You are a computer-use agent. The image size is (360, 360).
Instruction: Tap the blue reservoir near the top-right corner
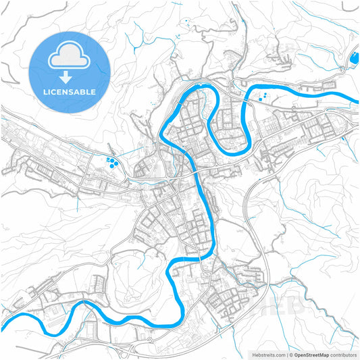[352, 62]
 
